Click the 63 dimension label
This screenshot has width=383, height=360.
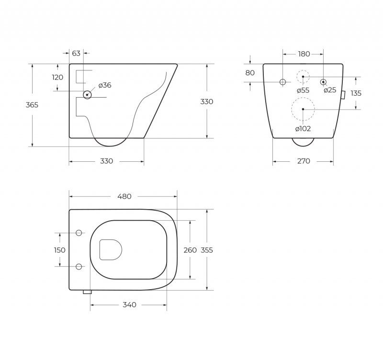[76, 53]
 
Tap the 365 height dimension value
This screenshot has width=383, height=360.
[32, 105]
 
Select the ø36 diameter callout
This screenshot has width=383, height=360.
[105, 85]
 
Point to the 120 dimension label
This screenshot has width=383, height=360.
[57, 77]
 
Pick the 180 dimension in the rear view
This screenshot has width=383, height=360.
[304, 54]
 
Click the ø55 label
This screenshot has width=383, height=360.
[303, 90]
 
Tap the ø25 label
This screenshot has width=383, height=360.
[330, 90]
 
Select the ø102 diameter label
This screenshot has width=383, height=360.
[303, 128]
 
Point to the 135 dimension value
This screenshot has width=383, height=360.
[356, 93]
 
